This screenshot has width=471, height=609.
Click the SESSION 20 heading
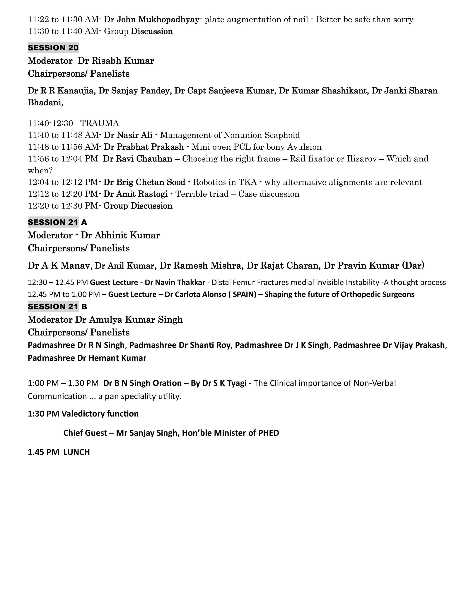(53, 48)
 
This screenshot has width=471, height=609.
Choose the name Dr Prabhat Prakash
(144, 147)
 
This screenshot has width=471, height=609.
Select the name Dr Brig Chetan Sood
(144, 182)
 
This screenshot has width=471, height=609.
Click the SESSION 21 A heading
(57, 222)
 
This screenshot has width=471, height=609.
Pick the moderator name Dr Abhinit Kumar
(120, 235)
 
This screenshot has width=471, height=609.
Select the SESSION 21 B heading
(57, 307)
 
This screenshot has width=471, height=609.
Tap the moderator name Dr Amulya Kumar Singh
(129, 320)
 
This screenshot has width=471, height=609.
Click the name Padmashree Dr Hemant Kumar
(87, 358)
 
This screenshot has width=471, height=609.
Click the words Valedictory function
(100, 414)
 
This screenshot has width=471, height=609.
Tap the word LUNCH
(77, 452)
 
